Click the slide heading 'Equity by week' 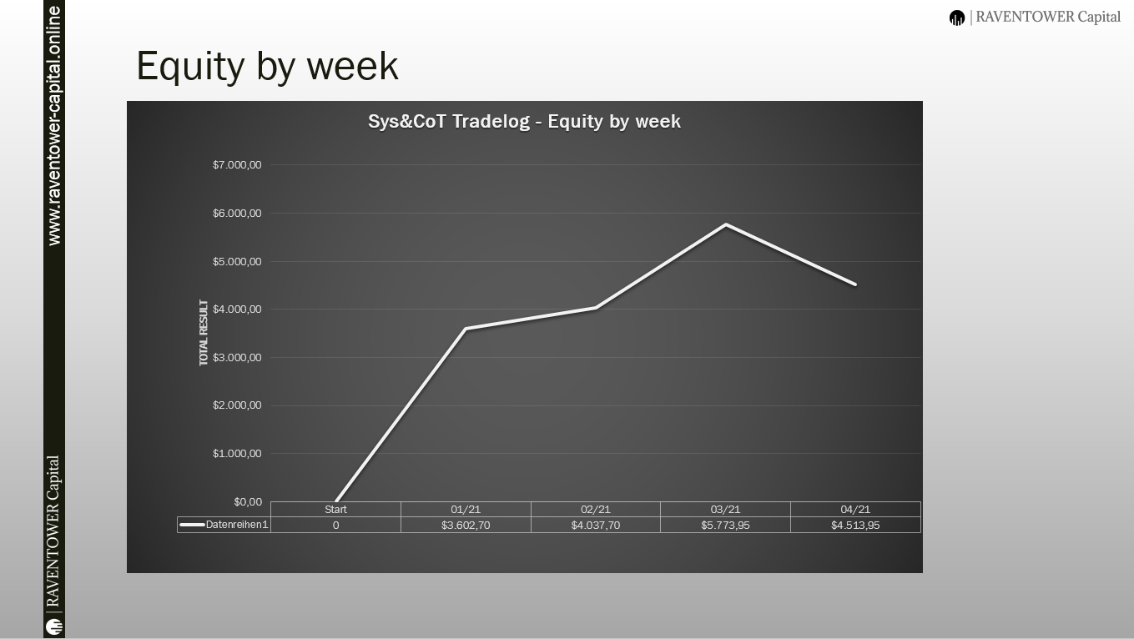tap(267, 66)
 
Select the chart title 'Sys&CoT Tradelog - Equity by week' tap(524, 122)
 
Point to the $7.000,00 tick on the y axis tap(237, 164)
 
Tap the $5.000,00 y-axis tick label tap(237, 262)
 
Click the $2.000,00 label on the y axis tap(237, 405)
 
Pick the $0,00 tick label tap(248, 501)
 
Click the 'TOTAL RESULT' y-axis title tap(204, 333)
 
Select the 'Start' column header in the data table tap(335, 510)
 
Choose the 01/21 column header tap(466, 510)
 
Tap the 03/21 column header tap(725, 510)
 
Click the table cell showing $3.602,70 tap(466, 526)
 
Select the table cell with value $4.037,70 tap(595, 526)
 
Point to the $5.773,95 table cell tap(725, 526)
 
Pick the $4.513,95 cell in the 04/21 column tap(855, 526)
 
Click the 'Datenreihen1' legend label tap(236, 525)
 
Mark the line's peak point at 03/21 tap(726, 224)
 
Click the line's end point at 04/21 tap(855, 284)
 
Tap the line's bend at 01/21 tap(466, 329)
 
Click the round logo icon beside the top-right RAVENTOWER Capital tap(957, 18)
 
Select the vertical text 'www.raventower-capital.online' tap(54, 126)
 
